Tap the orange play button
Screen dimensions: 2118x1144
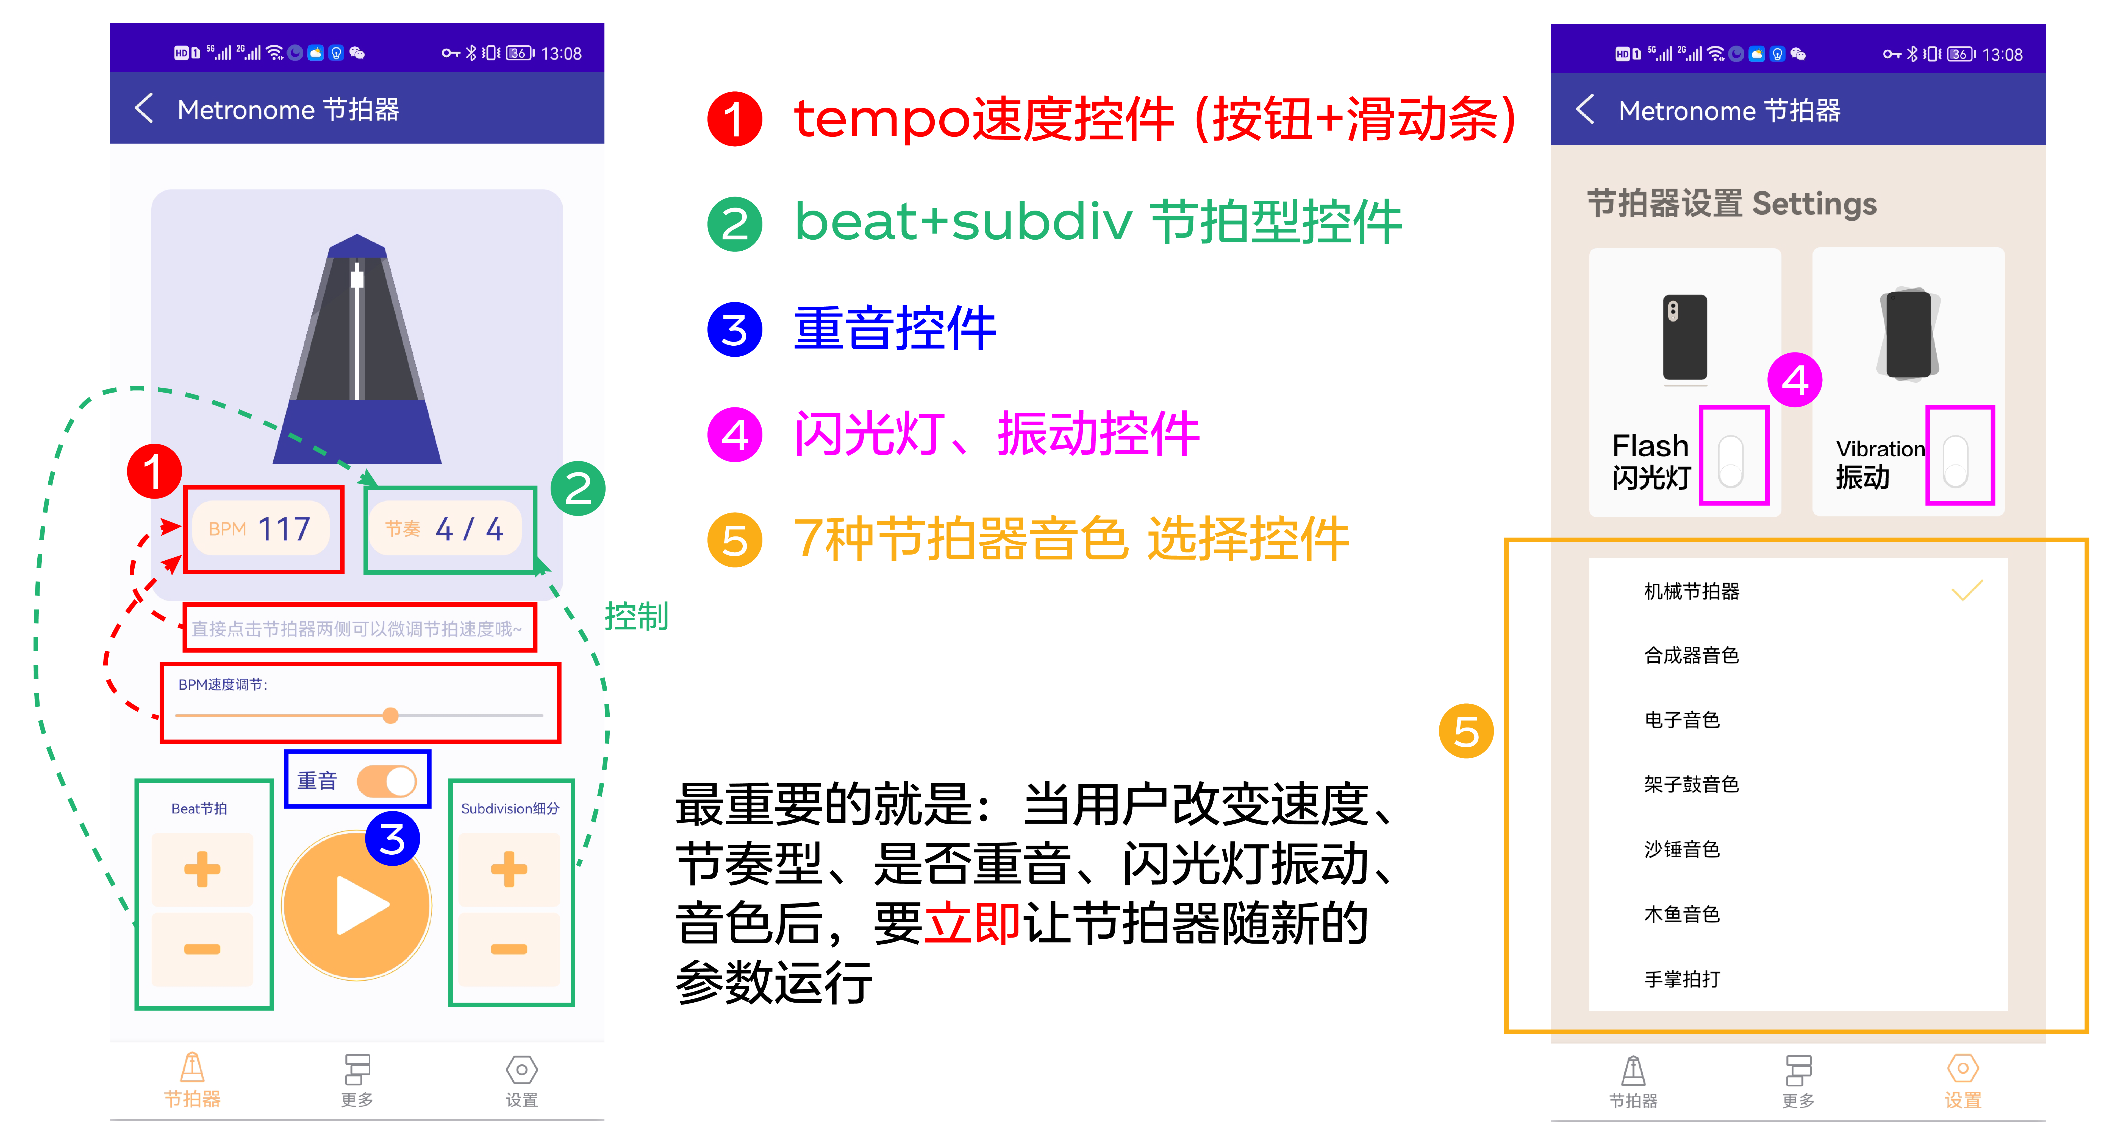357,905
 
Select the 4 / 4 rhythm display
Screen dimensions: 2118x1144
445,528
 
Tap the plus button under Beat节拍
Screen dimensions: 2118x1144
202,869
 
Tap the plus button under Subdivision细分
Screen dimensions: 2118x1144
509,869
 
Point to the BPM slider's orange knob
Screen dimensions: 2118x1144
390,715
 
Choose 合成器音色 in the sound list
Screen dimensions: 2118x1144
1691,655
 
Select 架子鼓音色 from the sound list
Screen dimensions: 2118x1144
1691,784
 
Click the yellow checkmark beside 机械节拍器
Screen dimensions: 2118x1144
1967,590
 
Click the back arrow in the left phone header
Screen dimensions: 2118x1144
144,108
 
